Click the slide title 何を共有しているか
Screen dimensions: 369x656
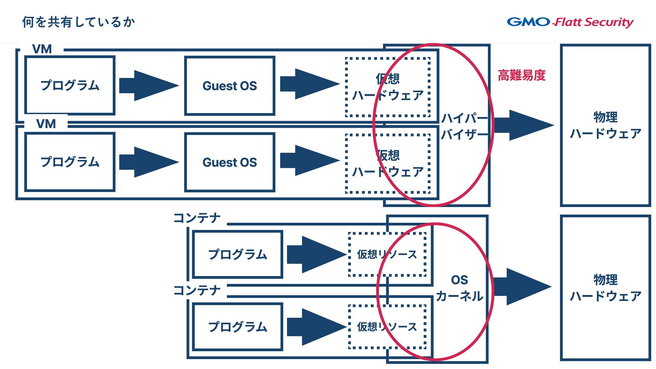coord(79,22)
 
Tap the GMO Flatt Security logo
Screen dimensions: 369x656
coord(570,22)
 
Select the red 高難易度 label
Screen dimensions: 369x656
coord(521,75)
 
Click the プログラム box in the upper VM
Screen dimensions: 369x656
coord(70,85)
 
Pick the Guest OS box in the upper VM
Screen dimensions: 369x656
coord(230,86)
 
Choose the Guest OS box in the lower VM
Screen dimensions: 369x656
coord(230,162)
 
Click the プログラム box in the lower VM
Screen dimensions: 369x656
coord(70,162)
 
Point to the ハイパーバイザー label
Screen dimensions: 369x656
coord(464,126)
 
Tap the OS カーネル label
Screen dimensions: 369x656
coord(459,288)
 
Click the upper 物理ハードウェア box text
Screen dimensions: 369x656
coord(605,125)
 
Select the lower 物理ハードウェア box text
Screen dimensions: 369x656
coord(605,288)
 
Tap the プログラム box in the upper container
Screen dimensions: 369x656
coord(237,255)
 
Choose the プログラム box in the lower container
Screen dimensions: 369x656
coord(237,327)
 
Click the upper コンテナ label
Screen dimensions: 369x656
coord(197,218)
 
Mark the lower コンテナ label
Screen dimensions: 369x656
coord(197,290)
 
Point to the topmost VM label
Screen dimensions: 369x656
coord(42,49)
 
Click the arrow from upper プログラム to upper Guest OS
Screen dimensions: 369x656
coord(149,85)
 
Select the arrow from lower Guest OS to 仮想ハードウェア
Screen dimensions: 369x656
coord(309,161)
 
